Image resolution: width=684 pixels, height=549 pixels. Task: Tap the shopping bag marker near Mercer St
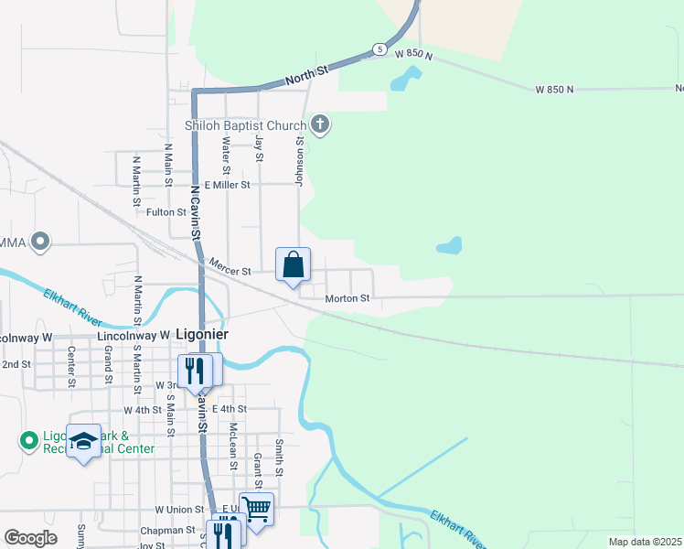tap(294, 265)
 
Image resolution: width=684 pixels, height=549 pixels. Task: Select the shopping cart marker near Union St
tap(257, 508)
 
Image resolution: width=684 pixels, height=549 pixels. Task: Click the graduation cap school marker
tap(83, 443)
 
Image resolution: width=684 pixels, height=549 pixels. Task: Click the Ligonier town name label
tap(200, 334)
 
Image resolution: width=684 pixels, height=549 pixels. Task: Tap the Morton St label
tap(347, 298)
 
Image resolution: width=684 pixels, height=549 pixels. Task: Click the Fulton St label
tap(166, 212)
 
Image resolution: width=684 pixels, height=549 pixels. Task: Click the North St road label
tap(306, 75)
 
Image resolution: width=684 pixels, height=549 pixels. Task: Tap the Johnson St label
tap(299, 160)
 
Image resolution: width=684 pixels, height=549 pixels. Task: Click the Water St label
tap(226, 155)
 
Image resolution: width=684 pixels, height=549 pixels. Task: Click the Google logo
tap(30, 538)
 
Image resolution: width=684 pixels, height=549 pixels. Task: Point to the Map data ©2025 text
tap(644, 542)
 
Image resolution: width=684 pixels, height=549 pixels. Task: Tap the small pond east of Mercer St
tap(449, 245)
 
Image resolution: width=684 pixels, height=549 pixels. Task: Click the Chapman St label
tap(162, 531)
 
